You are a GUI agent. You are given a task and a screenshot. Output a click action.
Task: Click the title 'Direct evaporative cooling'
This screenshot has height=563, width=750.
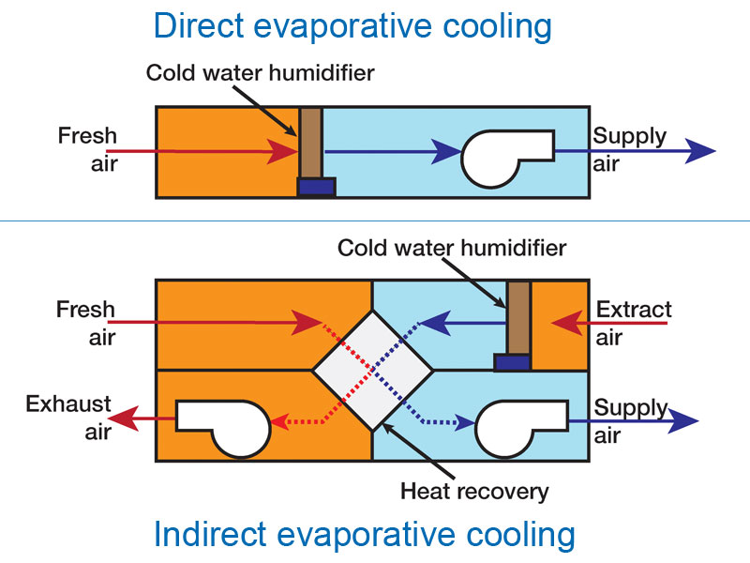coord(352,26)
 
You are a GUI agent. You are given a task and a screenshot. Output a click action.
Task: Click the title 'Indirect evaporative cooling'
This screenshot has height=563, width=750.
coord(364,535)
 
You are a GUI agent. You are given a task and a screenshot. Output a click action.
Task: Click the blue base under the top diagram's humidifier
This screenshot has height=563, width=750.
coord(316,187)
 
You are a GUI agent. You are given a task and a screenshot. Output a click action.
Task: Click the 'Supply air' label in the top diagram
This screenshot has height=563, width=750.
coord(627,150)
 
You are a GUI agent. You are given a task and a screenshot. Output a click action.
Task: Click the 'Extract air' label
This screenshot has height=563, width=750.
coord(634,323)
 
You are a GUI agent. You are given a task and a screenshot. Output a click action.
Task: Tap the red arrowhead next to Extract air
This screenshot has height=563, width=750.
coord(565,324)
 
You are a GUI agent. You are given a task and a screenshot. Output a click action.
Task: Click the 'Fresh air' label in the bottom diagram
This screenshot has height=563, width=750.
coord(86,323)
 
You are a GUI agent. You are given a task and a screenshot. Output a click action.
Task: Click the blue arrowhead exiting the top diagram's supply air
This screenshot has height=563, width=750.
coord(700,150)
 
